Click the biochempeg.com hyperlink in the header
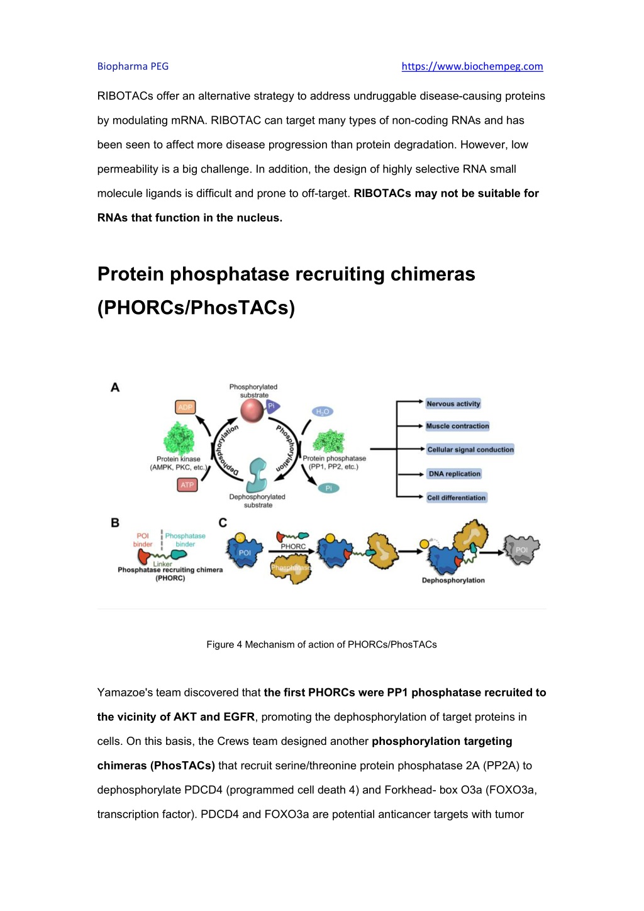tap(472, 66)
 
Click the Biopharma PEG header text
tap(133, 66)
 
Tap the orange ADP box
tap(186, 407)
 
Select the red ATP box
tap(187, 485)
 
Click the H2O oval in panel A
tap(323, 412)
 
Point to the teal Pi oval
tap(328, 488)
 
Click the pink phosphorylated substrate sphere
tap(252, 410)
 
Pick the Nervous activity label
tap(453, 404)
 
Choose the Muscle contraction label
tap(457, 426)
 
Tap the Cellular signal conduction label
tap(470, 449)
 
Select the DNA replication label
tap(454, 474)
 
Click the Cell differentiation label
tap(456, 498)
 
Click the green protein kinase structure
tap(179, 439)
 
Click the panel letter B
tap(115, 523)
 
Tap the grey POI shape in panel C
tap(521, 550)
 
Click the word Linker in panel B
tap(162, 564)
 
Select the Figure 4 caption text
tap(321, 645)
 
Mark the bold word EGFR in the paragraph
tap(238, 717)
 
